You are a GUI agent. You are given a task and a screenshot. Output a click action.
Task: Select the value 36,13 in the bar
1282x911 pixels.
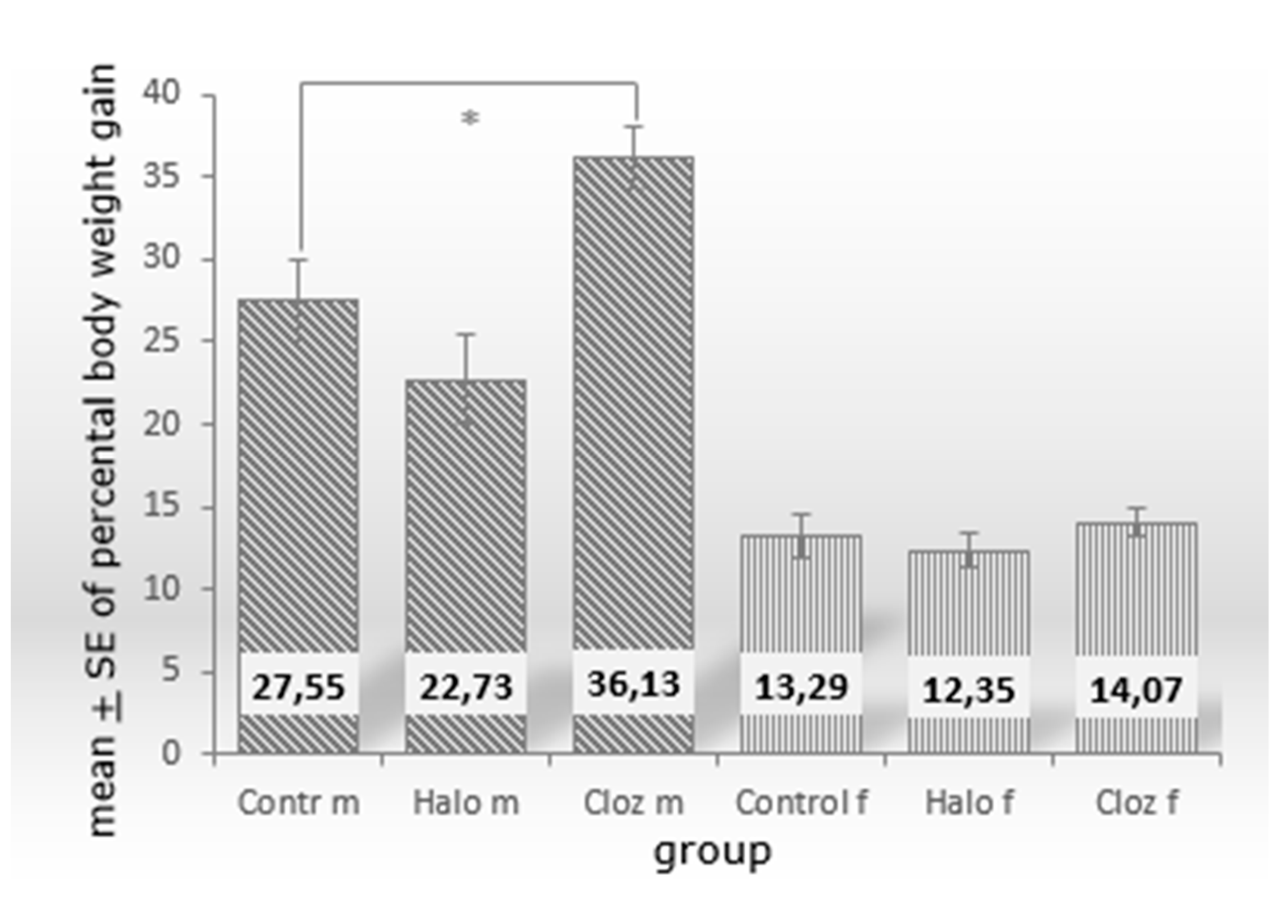(x=634, y=684)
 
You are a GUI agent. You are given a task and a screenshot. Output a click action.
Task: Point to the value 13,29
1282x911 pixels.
(x=801, y=687)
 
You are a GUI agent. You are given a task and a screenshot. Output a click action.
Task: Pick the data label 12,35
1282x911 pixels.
(x=969, y=690)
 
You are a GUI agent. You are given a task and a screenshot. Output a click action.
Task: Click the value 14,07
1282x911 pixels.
(x=1136, y=690)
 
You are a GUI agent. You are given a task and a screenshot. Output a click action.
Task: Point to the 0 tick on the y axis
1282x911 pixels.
(x=171, y=753)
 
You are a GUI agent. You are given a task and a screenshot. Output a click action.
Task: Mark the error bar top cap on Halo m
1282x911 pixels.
(x=466, y=334)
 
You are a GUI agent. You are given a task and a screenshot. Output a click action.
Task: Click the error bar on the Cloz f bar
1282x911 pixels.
(x=1137, y=522)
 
